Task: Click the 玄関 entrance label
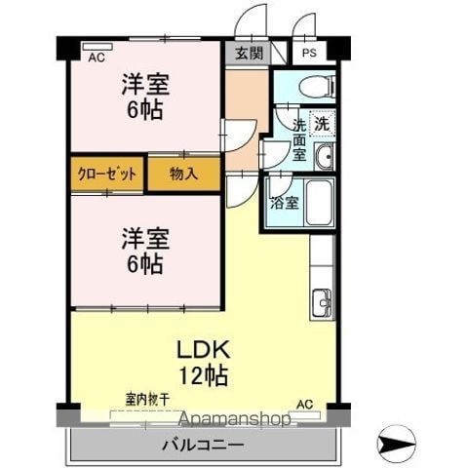tap(249, 53)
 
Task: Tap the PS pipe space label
tap(309, 53)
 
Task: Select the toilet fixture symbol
tap(317, 87)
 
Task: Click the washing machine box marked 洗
tap(323, 123)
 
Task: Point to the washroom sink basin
tap(324, 157)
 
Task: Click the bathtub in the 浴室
tap(320, 202)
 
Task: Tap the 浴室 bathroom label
tap(285, 203)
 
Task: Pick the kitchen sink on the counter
tap(322, 302)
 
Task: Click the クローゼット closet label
tap(106, 175)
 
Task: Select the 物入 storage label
tap(183, 174)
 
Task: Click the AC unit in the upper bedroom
tap(97, 47)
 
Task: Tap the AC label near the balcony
tap(305, 405)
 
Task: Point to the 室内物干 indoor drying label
tap(147, 400)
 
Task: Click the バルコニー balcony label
tap(203, 445)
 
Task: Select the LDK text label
tap(203, 349)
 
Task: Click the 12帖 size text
tap(204, 375)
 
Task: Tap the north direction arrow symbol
tap(396, 444)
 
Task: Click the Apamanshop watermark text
tap(235, 419)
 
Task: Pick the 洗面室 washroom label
tap(299, 140)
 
